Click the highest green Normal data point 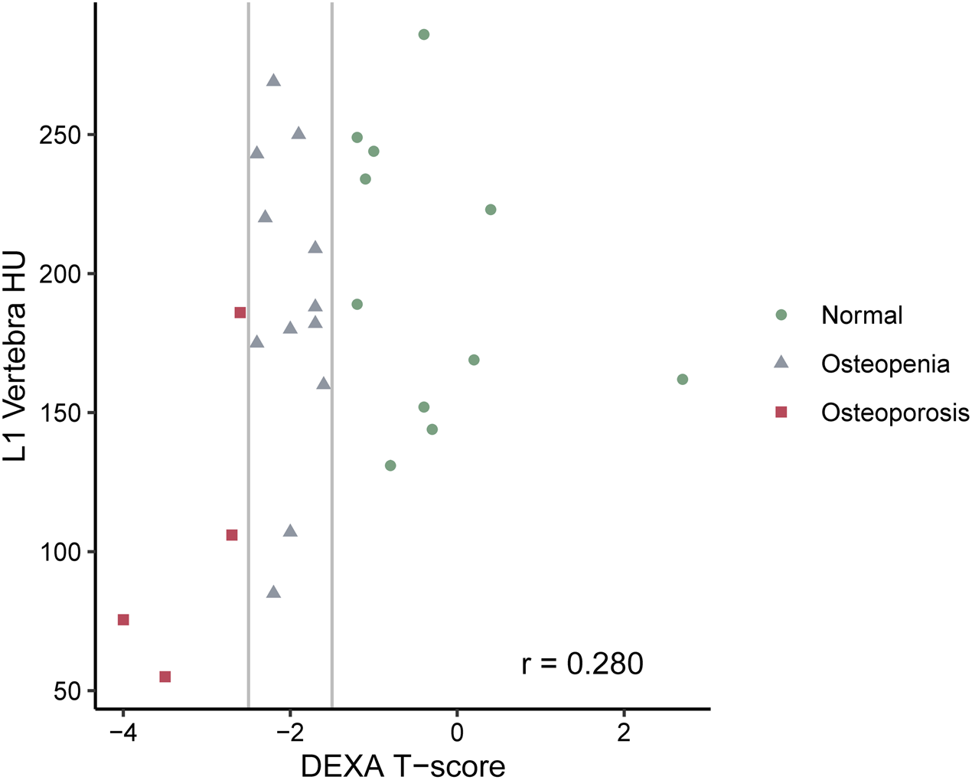pos(423,34)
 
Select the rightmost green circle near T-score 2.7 pos(682,380)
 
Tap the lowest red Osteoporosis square pos(165,677)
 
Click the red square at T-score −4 pos(123,619)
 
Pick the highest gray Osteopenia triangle pos(273,80)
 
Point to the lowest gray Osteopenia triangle pos(273,592)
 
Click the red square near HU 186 pos(240,312)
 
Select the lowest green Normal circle pos(390,465)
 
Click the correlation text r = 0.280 pos(582,664)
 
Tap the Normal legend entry pos(861,315)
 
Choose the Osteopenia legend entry pos(885,364)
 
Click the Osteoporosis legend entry pos(894,413)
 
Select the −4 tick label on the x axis pos(122,732)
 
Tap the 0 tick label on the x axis pos(457,732)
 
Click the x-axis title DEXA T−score pos(403,765)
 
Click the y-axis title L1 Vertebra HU pos(15,357)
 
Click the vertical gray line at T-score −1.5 pos(331,459)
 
